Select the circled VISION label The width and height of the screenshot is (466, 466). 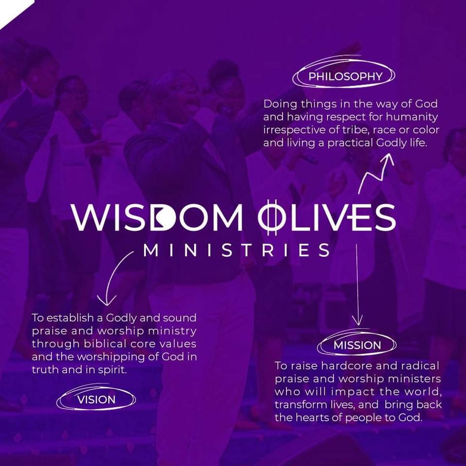tap(96, 399)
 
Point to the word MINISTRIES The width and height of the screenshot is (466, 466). tap(236, 250)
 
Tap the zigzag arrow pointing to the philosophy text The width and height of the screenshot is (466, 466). tap(376, 174)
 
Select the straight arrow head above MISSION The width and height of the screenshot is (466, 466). tap(357, 321)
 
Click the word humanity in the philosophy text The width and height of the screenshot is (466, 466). tap(412, 117)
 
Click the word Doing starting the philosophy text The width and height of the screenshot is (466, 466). tap(280, 104)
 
